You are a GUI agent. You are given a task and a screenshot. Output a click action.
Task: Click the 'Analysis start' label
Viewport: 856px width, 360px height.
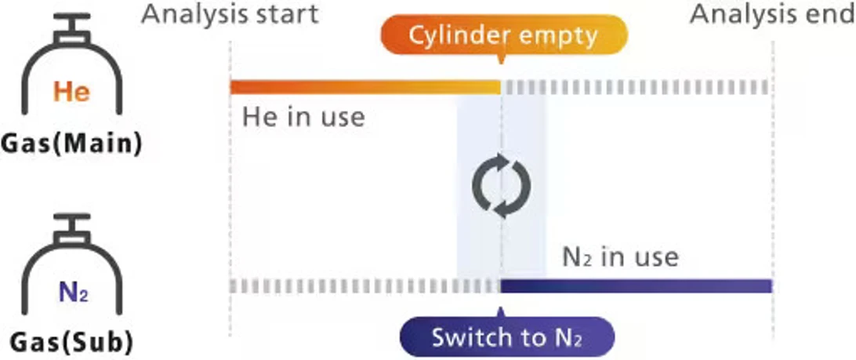click(230, 13)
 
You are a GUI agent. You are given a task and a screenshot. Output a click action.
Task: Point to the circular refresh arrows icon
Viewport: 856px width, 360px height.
click(501, 187)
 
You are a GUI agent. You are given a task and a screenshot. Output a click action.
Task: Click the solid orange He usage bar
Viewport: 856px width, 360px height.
click(365, 87)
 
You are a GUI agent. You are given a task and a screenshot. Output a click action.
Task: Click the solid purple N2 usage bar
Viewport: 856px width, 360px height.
click(637, 285)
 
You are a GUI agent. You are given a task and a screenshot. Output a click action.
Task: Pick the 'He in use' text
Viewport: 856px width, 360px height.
click(303, 118)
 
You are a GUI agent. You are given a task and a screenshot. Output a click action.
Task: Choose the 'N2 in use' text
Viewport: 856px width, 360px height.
click(620, 256)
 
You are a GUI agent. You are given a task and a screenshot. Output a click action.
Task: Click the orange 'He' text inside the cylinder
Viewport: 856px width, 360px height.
click(71, 93)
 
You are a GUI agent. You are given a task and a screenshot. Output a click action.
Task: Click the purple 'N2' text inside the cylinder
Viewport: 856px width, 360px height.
click(72, 294)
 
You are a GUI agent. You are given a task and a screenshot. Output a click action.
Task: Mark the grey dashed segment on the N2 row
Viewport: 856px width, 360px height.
click(365, 285)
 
